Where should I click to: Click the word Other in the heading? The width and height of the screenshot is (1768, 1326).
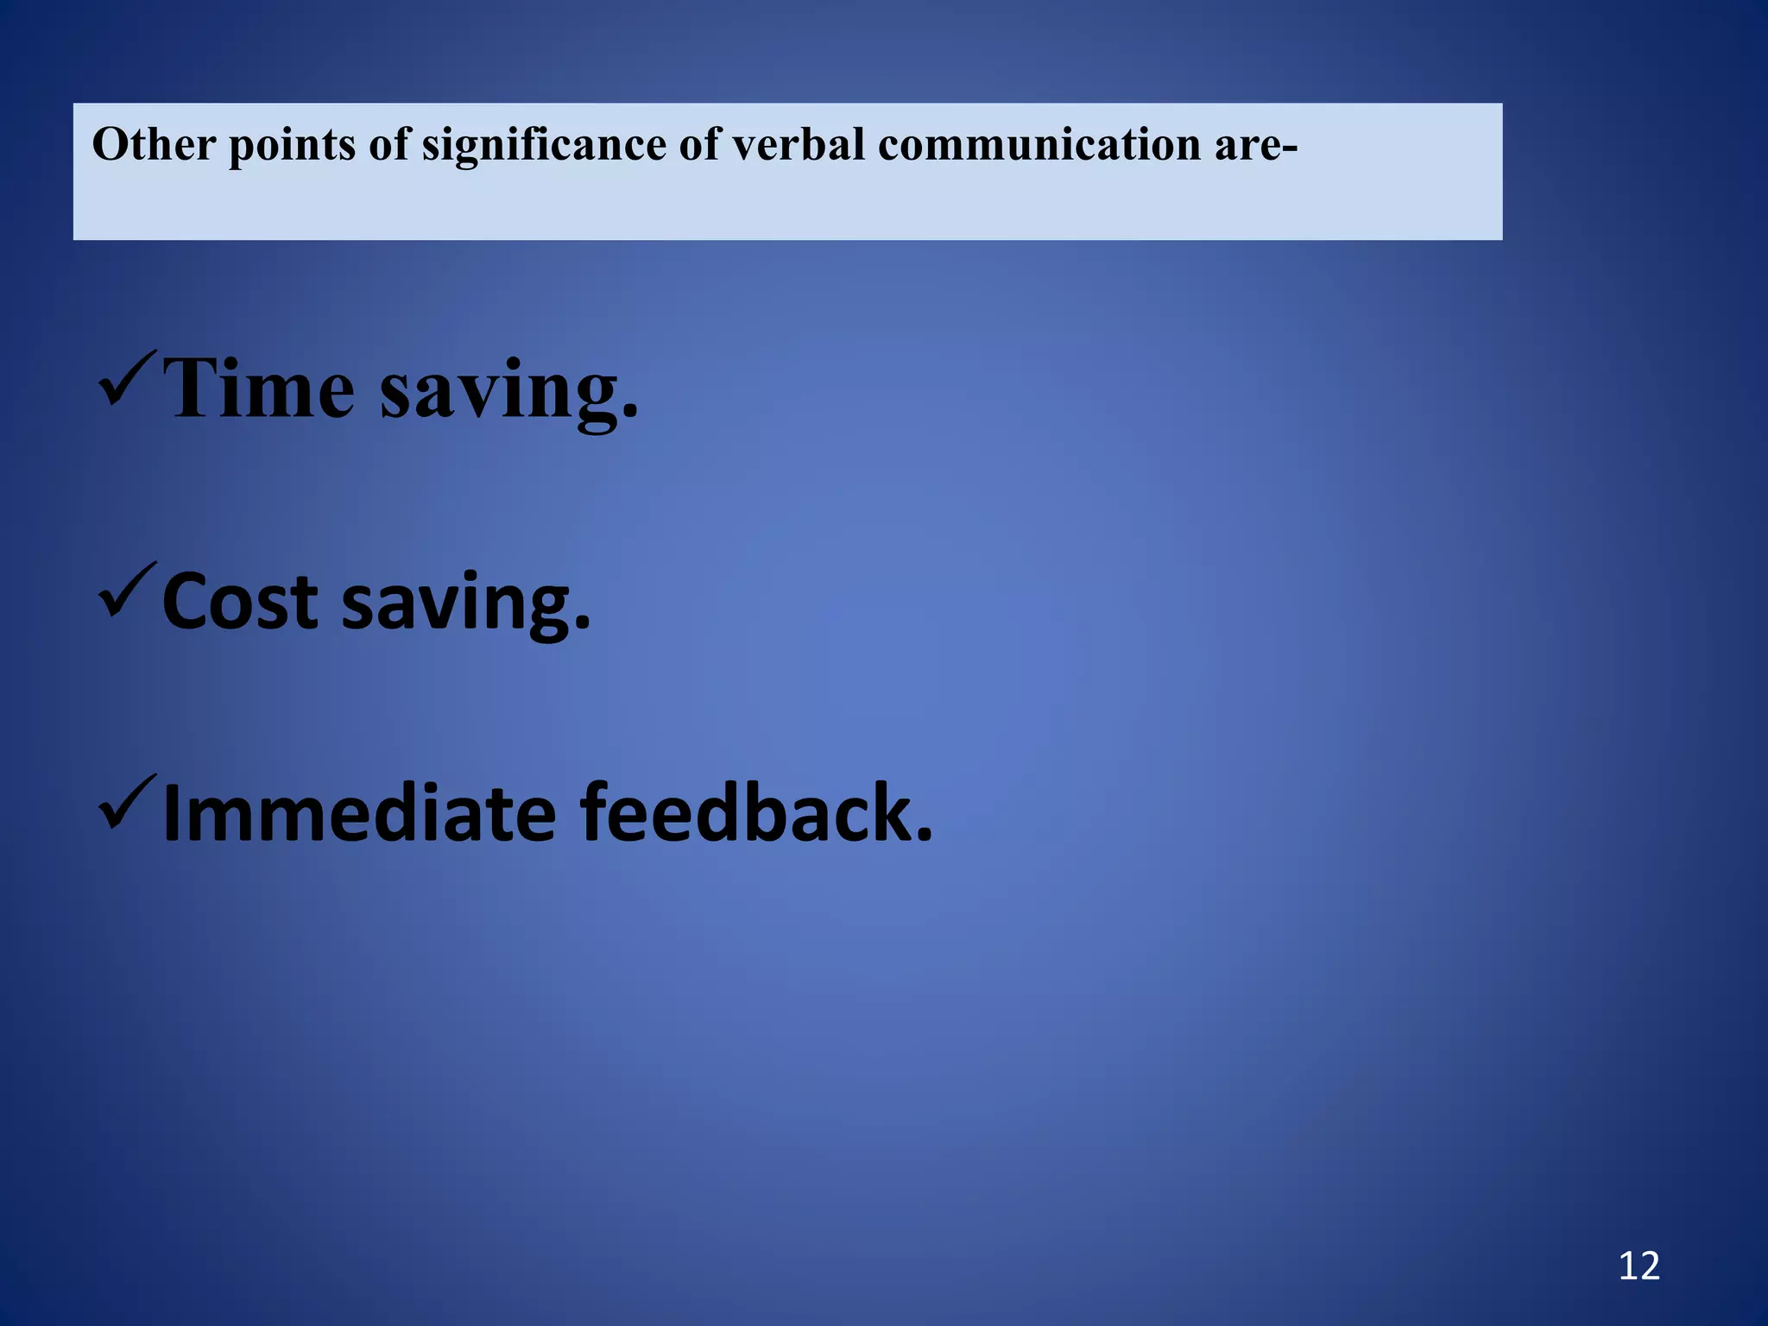pyautogui.click(x=154, y=144)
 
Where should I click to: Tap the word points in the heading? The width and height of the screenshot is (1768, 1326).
pyautogui.click(x=292, y=146)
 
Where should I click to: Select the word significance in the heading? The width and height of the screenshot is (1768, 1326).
pyautogui.click(x=543, y=146)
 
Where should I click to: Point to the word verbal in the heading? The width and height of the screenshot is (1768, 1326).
pyautogui.click(x=799, y=144)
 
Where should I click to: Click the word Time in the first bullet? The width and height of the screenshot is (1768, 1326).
pyautogui.click(x=259, y=389)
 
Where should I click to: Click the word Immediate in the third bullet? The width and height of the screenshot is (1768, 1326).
pyautogui.click(x=359, y=812)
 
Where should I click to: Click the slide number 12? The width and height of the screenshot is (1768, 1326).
pyautogui.click(x=1639, y=1266)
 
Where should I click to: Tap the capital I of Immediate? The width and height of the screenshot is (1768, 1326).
pyautogui.click(x=171, y=812)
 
